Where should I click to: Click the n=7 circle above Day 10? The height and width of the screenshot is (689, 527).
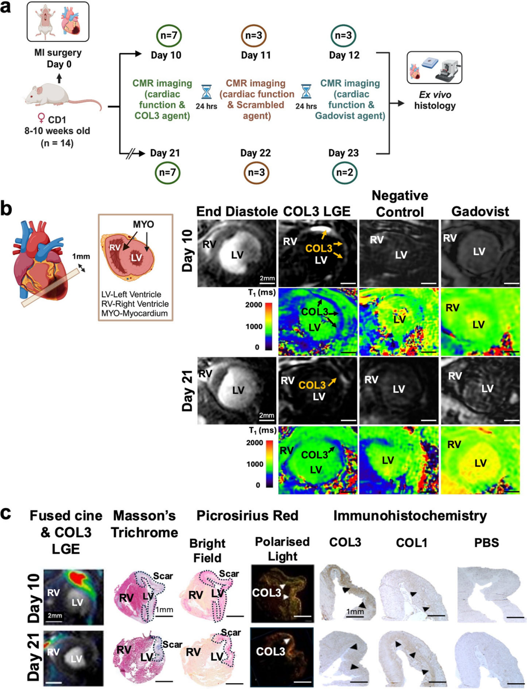(x=169, y=35)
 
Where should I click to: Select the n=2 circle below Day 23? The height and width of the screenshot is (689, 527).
(x=345, y=172)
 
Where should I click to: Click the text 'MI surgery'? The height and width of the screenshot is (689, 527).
(x=58, y=53)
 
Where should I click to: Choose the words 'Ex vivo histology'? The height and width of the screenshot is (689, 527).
(x=435, y=100)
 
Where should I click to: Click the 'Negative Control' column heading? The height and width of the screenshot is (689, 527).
(x=400, y=204)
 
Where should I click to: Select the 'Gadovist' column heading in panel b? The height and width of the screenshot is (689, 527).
(x=480, y=212)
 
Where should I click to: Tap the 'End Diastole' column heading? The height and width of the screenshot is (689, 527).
(x=237, y=212)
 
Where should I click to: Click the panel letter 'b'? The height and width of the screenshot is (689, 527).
(x=6, y=209)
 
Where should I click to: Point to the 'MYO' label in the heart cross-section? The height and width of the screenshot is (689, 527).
(x=144, y=225)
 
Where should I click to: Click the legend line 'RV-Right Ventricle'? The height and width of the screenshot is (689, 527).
(x=135, y=304)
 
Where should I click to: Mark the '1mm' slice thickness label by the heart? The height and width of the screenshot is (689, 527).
(x=81, y=257)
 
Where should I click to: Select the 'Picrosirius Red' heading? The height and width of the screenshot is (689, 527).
(x=247, y=516)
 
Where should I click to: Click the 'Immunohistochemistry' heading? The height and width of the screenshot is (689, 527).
(x=410, y=516)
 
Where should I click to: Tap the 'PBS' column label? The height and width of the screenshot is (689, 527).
(x=487, y=543)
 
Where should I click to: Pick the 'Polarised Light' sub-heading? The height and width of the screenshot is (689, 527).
(x=282, y=549)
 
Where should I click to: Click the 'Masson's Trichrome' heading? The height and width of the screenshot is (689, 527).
(x=144, y=524)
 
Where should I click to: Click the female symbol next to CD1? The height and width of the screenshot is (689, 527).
(x=41, y=119)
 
